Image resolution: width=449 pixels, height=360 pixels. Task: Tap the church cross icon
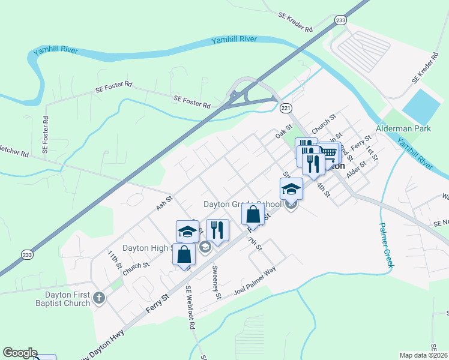(99, 297)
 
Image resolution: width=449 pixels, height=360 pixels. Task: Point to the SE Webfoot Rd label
(191, 306)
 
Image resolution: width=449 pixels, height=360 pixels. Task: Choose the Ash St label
(164, 202)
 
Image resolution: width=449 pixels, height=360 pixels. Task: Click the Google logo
(19, 353)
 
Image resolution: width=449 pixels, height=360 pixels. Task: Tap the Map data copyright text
(423, 355)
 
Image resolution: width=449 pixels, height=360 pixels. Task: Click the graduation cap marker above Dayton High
(187, 230)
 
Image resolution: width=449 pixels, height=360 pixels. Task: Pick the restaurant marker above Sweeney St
(217, 229)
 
